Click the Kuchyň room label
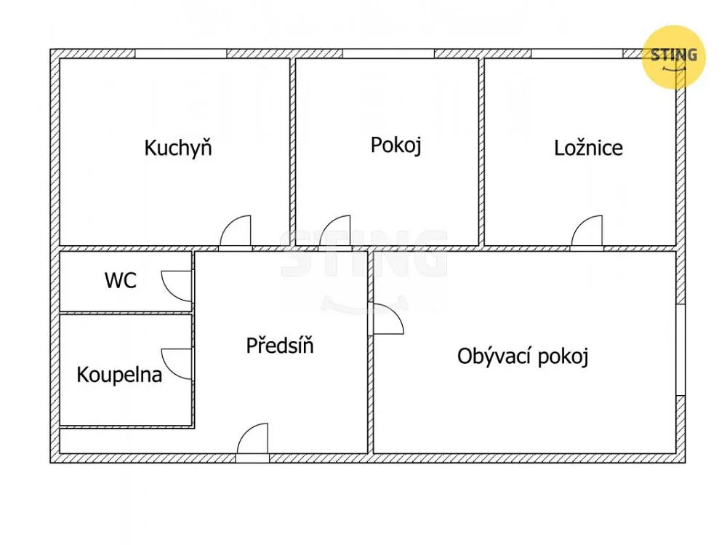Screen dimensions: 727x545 coord(178,148)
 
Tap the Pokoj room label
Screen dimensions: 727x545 coord(396,146)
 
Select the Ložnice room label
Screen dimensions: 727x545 coord(588,148)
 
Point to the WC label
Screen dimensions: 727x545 coord(121,280)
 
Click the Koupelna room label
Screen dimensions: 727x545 coord(119,375)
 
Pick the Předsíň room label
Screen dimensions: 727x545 coord(280,346)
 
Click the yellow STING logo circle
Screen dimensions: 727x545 coord(673,57)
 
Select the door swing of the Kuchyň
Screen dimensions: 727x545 coord(235,231)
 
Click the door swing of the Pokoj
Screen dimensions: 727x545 coord(334,231)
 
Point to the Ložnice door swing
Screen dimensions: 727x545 coord(587,231)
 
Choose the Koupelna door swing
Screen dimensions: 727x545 coord(176,364)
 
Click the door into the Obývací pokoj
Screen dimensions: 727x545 coord(388,319)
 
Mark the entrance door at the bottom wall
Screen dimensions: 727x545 coord(253,439)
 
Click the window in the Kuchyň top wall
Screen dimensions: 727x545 coord(181,53)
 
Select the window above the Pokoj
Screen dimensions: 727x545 coord(388,53)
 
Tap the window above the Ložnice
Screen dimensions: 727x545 coord(577,53)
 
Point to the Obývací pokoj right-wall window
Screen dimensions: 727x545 coord(680,350)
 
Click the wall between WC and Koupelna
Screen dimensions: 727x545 coord(126,313)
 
